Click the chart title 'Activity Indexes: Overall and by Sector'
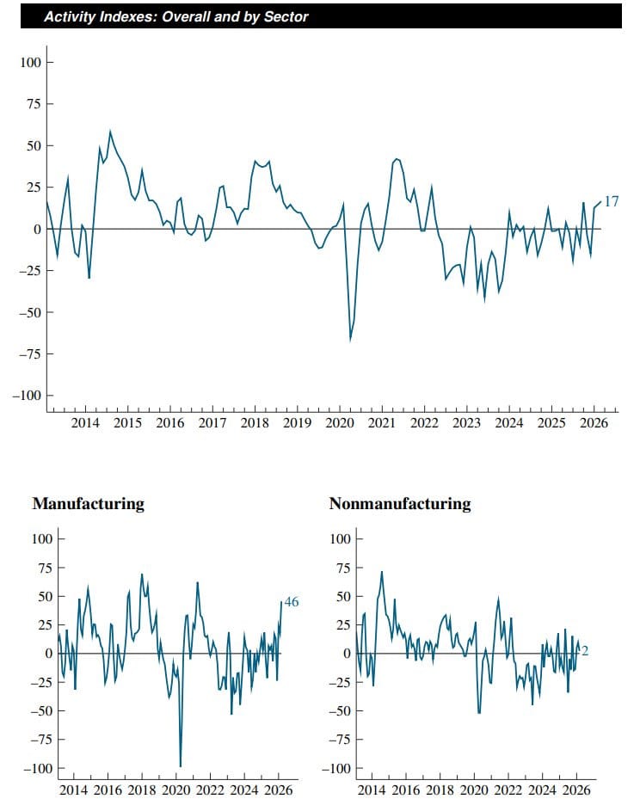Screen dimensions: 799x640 click(x=175, y=16)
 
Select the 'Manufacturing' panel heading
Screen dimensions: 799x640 click(x=88, y=504)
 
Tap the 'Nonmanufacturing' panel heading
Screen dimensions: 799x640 click(x=400, y=504)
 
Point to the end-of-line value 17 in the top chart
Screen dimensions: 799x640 click(x=611, y=201)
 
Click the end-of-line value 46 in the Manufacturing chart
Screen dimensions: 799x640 click(x=291, y=602)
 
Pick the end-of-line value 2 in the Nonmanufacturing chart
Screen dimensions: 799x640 click(x=585, y=651)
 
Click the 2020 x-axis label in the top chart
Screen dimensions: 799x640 click(x=340, y=423)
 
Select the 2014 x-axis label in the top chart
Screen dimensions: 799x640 click(x=85, y=423)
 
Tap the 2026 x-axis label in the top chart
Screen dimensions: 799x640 click(x=594, y=423)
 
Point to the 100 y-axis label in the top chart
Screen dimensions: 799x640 click(x=31, y=62)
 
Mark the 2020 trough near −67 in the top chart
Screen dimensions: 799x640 click(x=350, y=341)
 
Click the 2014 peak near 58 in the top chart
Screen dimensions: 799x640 click(x=110, y=132)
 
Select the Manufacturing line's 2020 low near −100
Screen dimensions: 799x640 click(x=180, y=765)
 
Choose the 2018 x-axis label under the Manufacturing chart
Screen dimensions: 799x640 click(x=142, y=790)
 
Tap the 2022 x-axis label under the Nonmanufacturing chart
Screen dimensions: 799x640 click(x=508, y=790)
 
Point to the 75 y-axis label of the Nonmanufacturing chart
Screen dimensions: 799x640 click(x=342, y=568)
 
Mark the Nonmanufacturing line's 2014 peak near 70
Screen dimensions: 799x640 click(x=381, y=572)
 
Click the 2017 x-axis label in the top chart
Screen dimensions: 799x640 click(x=212, y=423)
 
